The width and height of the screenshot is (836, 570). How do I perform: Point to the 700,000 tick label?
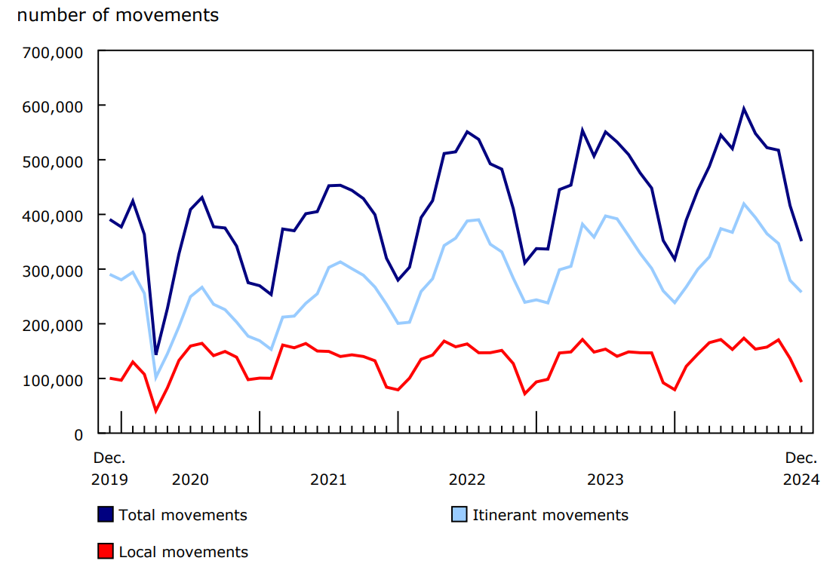(x=54, y=51)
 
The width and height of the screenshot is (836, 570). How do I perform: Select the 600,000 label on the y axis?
(x=54, y=106)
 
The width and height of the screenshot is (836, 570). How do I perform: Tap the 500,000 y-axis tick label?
(x=54, y=161)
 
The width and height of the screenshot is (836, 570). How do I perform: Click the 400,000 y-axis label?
(x=54, y=216)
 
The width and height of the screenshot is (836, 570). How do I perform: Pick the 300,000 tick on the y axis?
(x=54, y=270)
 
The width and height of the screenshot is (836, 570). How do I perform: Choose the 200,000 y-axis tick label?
(x=54, y=325)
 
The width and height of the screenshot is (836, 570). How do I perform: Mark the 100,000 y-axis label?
(x=54, y=379)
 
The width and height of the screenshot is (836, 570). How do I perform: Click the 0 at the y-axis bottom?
(x=78, y=434)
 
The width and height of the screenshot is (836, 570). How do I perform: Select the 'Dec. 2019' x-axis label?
(x=109, y=468)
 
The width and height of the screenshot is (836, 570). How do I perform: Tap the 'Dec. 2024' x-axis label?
(x=801, y=468)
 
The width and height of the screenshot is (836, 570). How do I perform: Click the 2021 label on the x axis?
(x=328, y=480)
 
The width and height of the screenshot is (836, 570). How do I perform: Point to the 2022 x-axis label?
(x=467, y=480)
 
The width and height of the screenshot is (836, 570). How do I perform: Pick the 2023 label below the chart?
(x=605, y=480)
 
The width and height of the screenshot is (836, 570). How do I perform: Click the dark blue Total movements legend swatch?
(x=106, y=515)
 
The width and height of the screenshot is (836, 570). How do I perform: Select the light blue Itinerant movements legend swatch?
(x=459, y=515)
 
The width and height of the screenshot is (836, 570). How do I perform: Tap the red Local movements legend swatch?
(x=106, y=552)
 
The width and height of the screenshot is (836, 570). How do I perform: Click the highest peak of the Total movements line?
(x=744, y=109)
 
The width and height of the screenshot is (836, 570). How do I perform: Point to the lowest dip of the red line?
(x=156, y=410)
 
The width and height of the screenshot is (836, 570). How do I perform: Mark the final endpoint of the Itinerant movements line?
(x=801, y=292)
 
